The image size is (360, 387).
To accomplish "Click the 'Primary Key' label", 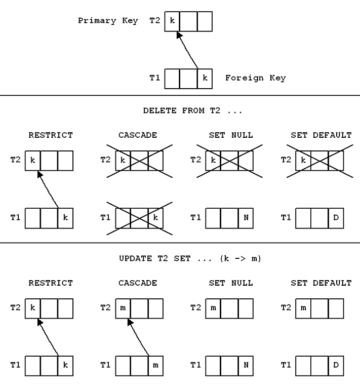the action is point(108,20).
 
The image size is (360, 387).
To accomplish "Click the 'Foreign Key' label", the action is point(255,78).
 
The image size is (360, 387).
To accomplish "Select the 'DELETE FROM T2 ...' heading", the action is point(192,110).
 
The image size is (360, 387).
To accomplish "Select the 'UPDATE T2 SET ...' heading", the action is point(190,258).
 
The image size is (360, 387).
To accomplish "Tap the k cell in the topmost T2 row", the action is point(172,21).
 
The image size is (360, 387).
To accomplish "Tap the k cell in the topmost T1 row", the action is point(205,79).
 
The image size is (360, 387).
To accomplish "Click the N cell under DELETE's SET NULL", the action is point(246,218).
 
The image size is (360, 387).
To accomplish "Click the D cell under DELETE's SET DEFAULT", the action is point(336,218).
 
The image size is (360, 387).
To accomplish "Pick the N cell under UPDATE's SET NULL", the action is point(246,366).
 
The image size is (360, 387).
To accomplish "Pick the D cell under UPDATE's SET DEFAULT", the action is point(336,366).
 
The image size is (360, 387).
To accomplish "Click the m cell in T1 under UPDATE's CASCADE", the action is point(155,366).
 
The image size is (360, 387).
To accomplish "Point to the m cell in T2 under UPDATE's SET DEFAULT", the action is point(303,308).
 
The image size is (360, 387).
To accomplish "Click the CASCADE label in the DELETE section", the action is point(138,135).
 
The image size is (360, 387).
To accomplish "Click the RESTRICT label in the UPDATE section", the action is point(51,283).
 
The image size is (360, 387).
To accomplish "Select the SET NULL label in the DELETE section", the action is point(231,135).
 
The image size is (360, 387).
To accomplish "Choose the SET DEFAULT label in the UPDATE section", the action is point(321,283).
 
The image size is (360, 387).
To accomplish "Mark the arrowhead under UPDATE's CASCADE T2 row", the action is point(130,322).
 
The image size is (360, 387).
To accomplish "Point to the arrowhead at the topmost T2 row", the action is point(179,35).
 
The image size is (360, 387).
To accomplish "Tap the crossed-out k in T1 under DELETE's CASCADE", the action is point(155,218).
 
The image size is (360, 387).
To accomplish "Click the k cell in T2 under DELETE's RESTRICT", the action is point(32,161).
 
